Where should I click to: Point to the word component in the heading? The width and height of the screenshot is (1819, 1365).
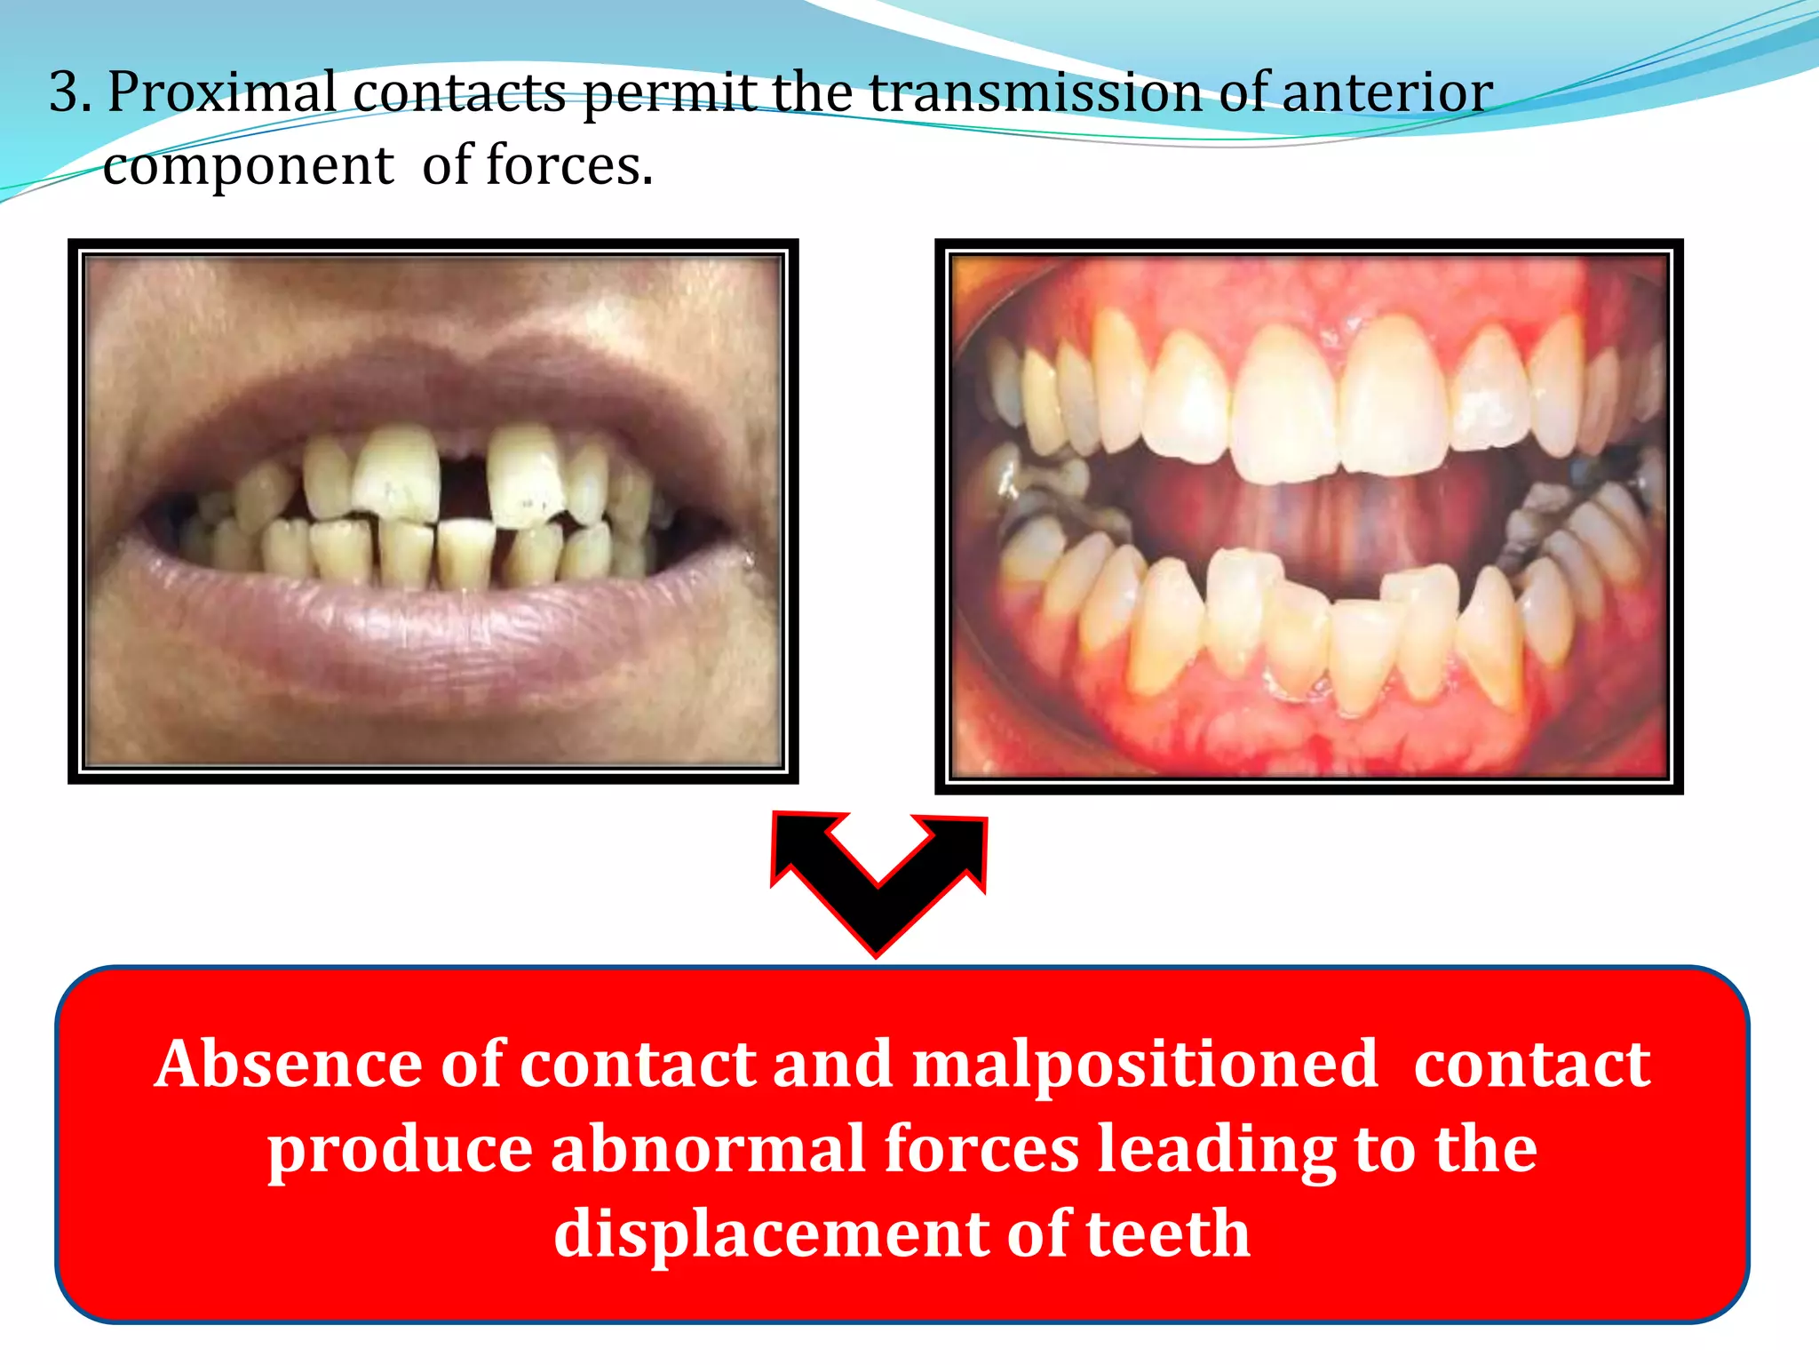click(248, 167)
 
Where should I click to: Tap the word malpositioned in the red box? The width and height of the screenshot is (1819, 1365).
click(1145, 1066)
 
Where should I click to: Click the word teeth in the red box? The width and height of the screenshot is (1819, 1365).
click(1168, 1234)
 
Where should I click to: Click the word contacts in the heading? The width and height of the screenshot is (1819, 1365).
click(459, 92)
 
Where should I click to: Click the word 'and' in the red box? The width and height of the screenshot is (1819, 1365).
click(832, 1064)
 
